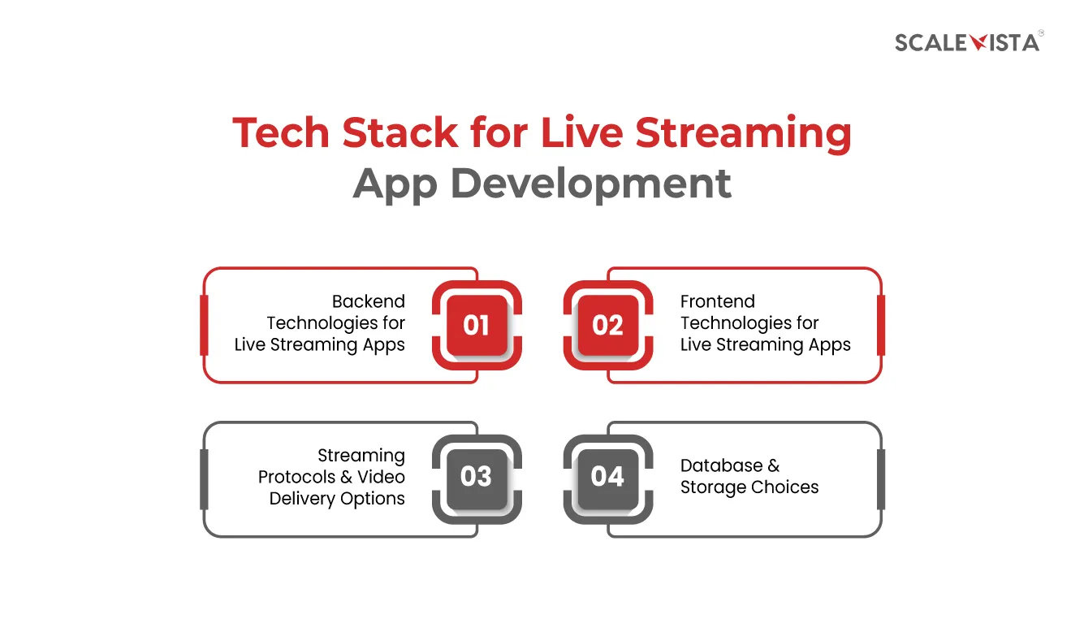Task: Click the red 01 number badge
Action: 477,325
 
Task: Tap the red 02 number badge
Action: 608,325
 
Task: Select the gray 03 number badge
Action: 477,479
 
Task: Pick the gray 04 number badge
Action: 608,479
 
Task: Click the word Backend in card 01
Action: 369,301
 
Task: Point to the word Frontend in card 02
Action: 717,301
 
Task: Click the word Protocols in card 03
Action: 296,477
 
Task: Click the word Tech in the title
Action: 281,132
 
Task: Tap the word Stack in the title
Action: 399,132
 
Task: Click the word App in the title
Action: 395,186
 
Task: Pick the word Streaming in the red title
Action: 743,134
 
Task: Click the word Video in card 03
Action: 381,477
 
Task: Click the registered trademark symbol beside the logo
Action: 1040,33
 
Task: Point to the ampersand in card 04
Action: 773,465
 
